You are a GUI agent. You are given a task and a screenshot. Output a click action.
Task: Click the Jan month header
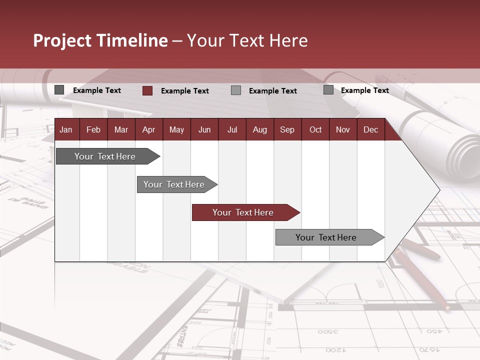66,130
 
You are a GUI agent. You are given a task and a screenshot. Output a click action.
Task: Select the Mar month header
121,130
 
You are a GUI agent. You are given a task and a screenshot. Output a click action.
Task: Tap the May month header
176,130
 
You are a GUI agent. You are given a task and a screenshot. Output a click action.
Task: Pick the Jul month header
232,130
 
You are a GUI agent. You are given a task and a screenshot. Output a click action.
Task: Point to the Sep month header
287,130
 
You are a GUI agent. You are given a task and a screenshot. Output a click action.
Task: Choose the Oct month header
315,130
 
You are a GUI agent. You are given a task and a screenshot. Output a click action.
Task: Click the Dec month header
370,130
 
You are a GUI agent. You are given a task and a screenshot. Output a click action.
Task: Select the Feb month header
93,130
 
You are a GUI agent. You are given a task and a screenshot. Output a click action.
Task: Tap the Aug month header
259,130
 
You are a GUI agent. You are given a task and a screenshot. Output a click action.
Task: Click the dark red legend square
147,90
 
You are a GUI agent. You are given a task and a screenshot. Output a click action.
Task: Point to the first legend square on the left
59,90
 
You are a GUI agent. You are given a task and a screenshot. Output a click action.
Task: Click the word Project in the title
62,40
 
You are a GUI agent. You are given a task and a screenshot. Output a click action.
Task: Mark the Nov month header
343,130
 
